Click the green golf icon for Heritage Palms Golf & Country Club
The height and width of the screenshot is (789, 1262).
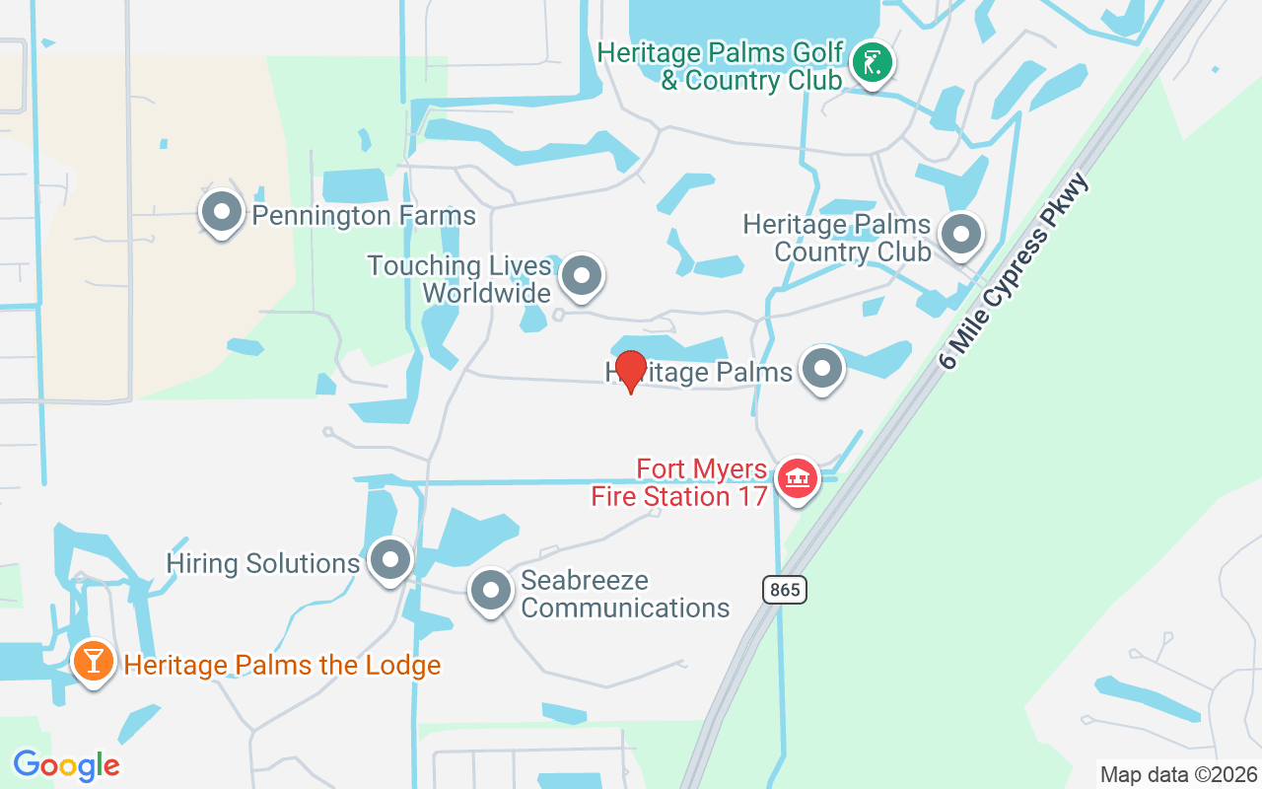872,63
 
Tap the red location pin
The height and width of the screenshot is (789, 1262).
630,371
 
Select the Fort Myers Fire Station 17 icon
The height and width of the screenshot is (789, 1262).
798,478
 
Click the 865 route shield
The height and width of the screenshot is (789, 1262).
784,590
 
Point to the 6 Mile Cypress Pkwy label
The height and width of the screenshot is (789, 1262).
1016,271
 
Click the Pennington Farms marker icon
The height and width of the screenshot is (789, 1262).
222,211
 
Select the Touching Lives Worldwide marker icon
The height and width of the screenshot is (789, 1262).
582,276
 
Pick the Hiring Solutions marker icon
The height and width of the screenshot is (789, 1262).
390,559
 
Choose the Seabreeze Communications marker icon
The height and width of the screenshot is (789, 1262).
490,591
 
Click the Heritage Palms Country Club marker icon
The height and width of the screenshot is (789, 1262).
960,235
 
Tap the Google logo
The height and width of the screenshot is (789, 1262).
66,765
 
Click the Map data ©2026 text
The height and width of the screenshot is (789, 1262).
1179,774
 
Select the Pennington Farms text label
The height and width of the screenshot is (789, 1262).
364,215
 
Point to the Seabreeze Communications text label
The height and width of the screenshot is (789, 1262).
625,594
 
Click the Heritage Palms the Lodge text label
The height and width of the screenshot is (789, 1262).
282,665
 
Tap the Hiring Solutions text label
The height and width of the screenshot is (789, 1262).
263,563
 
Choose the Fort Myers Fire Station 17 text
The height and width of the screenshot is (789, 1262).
680,481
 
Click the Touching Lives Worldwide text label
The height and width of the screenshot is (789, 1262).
459,279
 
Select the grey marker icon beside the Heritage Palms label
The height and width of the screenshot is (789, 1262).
822,370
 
